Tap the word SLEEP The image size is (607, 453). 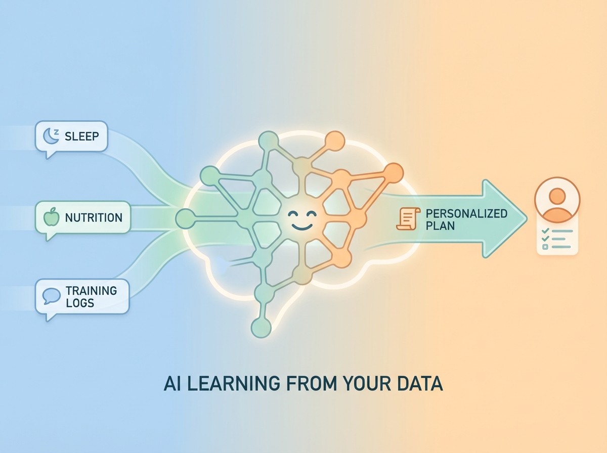[x=82, y=136]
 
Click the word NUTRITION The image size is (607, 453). [x=94, y=218]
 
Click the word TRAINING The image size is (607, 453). [x=91, y=291]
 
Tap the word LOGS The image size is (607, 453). [x=80, y=302]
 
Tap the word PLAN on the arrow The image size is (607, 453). [x=440, y=225]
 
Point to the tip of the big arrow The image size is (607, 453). [x=526, y=219]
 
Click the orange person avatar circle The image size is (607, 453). [x=556, y=200]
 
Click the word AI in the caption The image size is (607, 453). [x=172, y=384]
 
